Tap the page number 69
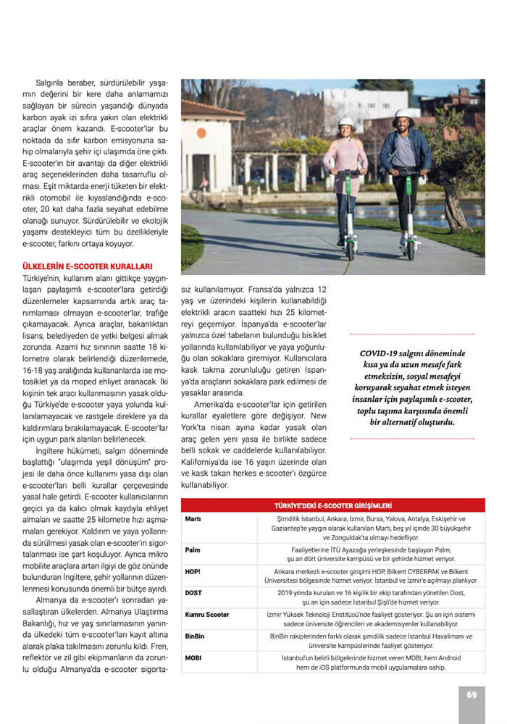(x=472, y=694)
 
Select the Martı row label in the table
(x=193, y=519)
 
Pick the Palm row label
(x=193, y=550)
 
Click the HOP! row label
(x=193, y=571)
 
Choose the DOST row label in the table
(x=193, y=592)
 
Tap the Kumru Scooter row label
(x=207, y=615)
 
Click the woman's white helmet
(x=347, y=124)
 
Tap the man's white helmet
(x=403, y=115)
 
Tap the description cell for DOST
(x=359, y=597)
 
